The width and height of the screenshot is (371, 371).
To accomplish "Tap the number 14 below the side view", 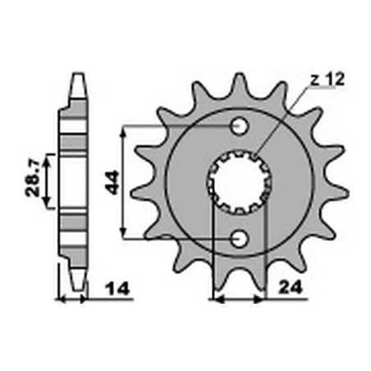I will point(115,290).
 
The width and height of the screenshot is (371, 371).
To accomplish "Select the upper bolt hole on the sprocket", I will point(240,127).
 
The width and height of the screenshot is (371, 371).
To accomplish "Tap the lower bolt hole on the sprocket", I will point(240,238).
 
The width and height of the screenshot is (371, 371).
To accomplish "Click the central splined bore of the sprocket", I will point(239,182).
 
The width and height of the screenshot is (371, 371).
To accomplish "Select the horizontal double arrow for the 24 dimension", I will point(239,299).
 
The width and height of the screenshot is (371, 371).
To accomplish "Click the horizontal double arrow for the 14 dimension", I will point(72,299).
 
